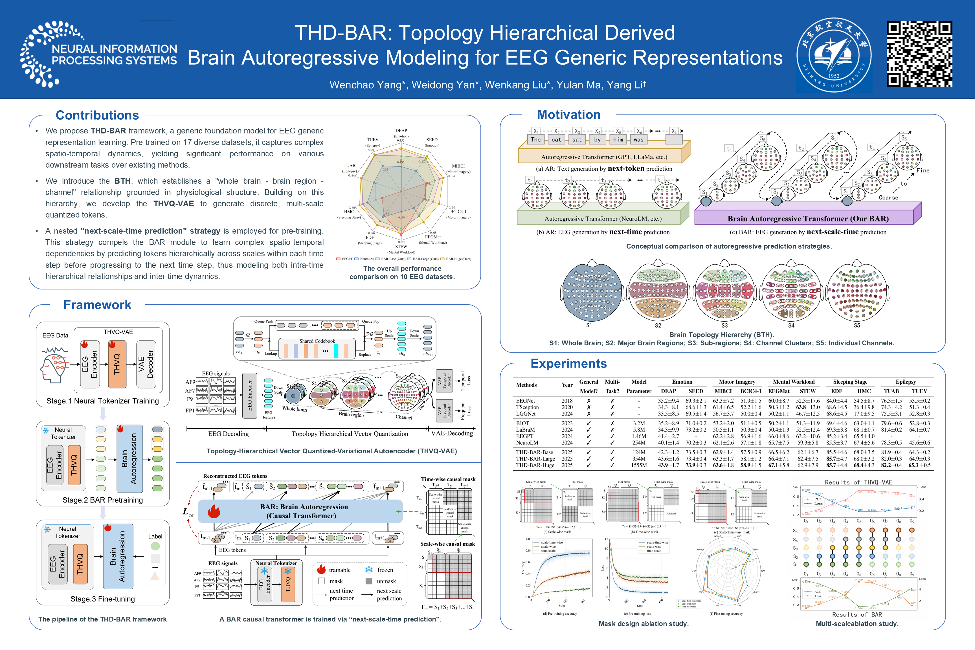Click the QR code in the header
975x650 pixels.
919,54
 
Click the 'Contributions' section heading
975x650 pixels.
97,115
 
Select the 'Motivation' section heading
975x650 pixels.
568,115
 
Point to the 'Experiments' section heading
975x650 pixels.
568,364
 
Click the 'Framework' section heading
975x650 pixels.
97,305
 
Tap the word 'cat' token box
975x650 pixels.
556,140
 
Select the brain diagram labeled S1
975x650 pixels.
592,291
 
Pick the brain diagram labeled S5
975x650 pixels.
857,291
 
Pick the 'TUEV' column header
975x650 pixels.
919,391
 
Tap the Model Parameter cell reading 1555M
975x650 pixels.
639,465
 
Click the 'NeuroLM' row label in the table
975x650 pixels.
527,443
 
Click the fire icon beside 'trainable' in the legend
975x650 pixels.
321,570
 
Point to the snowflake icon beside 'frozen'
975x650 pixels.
368,570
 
